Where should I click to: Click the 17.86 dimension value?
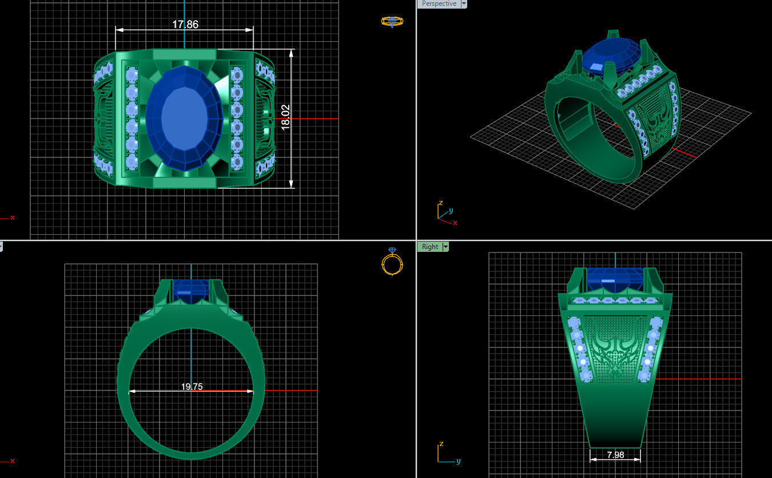click(185, 25)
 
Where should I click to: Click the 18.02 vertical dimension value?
click(286, 117)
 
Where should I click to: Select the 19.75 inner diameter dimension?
click(192, 386)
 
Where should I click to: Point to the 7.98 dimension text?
click(615, 455)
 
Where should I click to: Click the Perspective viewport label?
click(439, 3)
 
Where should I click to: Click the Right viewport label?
click(429, 247)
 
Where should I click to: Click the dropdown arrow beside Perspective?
click(464, 3)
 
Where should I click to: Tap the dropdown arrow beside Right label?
click(445, 247)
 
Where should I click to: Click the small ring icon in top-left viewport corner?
click(392, 22)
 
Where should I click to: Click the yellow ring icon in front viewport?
click(392, 263)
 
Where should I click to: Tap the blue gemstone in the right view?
click(615, 278)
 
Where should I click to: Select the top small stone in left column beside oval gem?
click(132, 75)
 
